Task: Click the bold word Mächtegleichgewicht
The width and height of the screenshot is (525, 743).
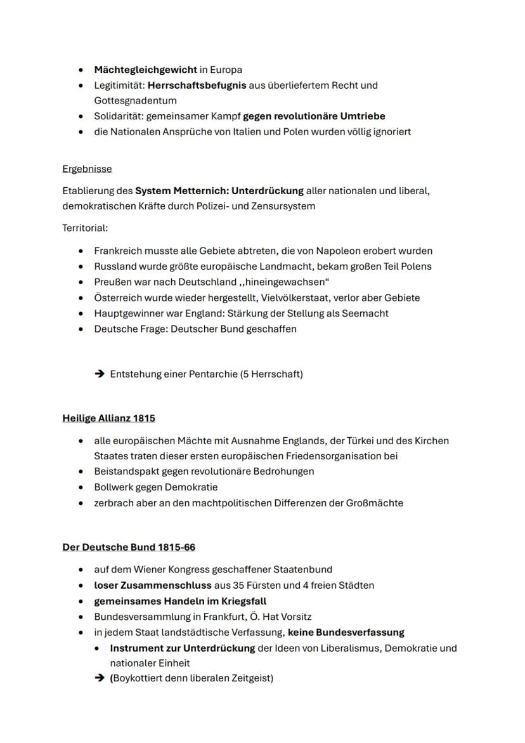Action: tap(145, 70)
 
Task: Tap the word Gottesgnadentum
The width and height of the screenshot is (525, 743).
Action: tap(135, 100)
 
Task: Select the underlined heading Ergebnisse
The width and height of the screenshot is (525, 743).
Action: tap(87, 169)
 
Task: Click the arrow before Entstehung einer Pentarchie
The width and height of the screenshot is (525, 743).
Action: tap(99, 374)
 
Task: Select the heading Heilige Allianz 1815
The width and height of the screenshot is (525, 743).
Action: tap(108, 418)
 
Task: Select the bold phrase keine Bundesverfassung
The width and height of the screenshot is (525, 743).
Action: tap(346, 633)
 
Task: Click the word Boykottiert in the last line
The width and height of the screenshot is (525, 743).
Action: tap(139, 678)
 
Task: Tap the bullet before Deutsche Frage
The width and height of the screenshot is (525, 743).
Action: tap(81, 329)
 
